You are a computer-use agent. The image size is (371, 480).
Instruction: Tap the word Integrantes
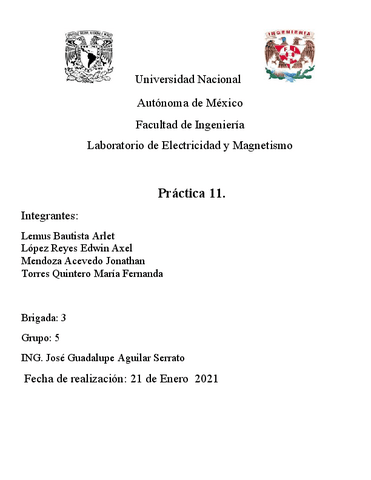pyautogui.click(x=49, y=215)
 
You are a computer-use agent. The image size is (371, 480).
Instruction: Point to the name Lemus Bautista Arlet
pyautogui.click(x=66, y=236)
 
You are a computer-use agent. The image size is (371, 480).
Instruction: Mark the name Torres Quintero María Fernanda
pyautogui.click(x=91, y=273)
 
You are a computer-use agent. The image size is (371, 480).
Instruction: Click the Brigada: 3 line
pyautogui.click(x=43, y=318)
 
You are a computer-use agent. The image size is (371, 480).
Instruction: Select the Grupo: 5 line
pyautogui.click(x=40, y=338)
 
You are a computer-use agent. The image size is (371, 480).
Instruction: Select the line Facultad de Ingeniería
pyautogui.click(x=188, y=124)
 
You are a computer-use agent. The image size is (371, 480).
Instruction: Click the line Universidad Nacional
pyautogui.click(x=187, y=78)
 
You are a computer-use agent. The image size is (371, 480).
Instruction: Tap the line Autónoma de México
pyautogui.click(x=188, y=101)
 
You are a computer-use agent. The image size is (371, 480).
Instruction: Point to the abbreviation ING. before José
pyautogui.click(x=32, y=358)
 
